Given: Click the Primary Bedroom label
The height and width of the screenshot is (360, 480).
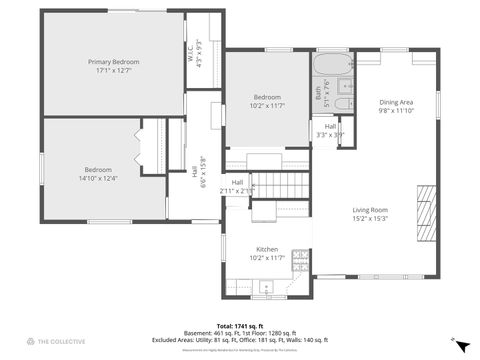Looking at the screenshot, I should pyautogui.click(x=112, y=62).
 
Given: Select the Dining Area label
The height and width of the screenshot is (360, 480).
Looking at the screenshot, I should pyautogui.click(x=396, y=102).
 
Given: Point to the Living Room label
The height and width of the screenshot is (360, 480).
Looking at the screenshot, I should pyautogui.click(x=369, y=210).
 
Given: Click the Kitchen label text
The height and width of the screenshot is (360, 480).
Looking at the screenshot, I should pyautogui.click(x=267, y=249).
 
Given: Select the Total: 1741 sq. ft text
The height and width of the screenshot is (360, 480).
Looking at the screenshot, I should pyautogui.click(x=239, y=326).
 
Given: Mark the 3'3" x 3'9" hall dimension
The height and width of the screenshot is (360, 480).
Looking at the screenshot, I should pyautogui.click(x=330, y=135).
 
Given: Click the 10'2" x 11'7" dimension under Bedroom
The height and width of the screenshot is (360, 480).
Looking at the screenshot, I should pyautogui.click(x=267, y=105).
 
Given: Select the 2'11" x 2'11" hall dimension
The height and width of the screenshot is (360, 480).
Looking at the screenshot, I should pyautogui.click(x=238, y=190).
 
